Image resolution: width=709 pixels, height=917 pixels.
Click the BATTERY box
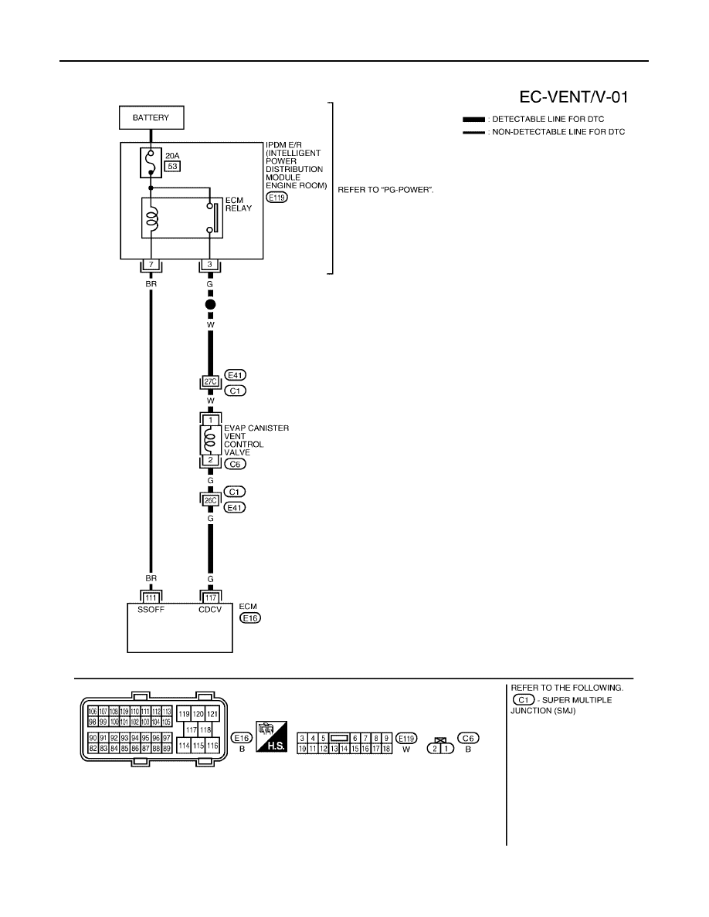(x=151, y=117)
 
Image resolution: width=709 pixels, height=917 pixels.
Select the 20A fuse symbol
(x=151, y=163)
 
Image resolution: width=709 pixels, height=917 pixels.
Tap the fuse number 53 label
(x=172, y=166)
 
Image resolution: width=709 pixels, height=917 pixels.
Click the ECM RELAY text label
(x=239, y=204)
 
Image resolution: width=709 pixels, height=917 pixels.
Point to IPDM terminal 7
(x=151, y=264)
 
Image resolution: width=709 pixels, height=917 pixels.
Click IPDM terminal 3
(x=210, y=264)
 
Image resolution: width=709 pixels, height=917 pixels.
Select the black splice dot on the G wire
(x=211, y=304)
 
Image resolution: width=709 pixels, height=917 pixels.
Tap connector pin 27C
(x=211, y=382)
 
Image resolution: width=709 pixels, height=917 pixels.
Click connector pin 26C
(x=211, y=500)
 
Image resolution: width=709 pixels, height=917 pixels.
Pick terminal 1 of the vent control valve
(x=211, y=420)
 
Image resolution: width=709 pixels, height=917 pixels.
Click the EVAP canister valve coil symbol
(x=211, y=440)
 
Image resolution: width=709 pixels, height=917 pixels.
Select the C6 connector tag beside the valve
(x=235, y=464)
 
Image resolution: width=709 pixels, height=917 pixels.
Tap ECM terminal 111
(x=151, y=597)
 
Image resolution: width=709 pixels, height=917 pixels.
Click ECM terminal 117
(x=211, y=597)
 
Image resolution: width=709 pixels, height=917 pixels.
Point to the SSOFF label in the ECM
(x=151, y=609)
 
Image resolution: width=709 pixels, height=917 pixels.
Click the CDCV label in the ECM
(x=210, y=609)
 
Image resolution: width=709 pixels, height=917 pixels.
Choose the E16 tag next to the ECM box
(x=249, y=618)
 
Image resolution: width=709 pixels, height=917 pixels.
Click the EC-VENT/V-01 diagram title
(x=574, y=97)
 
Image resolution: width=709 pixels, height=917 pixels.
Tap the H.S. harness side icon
(x=271, y=736)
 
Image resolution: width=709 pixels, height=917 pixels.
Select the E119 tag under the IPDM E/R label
(x=276, y=198)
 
